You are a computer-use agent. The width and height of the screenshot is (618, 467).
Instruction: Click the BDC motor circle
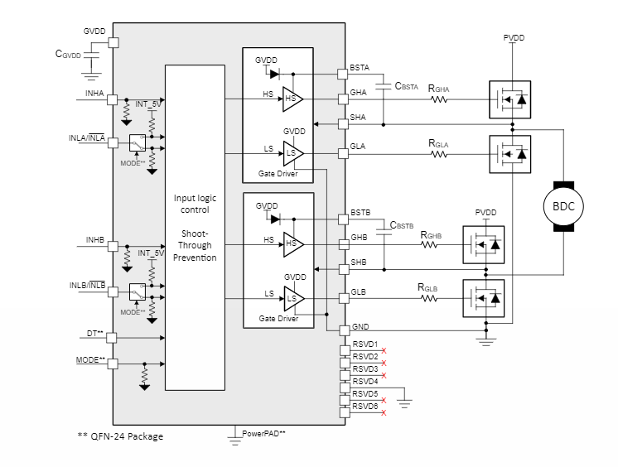[564, 205]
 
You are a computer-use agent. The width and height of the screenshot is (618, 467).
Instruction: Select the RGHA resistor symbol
[439, 100]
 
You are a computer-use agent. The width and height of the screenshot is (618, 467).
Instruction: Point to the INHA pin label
[94, 94]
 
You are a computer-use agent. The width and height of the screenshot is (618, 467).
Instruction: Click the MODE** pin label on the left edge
[92, 359]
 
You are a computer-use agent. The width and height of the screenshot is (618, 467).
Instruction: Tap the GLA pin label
[358, 146]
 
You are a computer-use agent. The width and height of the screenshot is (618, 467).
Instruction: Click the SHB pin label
[359, 262]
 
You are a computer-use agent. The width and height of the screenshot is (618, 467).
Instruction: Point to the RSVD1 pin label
[365, 344]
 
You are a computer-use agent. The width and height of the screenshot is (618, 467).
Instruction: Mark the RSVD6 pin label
[365, 406]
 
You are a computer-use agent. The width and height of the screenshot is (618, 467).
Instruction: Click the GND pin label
[360, 328]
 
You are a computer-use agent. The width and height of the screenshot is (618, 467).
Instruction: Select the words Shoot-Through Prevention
[195, 245]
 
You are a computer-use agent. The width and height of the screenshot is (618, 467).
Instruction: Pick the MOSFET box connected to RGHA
[509, 101]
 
